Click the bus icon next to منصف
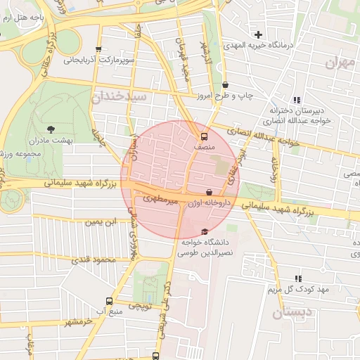(x=204, y=136)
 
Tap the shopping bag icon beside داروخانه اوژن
(x=209, y=192)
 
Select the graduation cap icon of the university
(x=205, y=232)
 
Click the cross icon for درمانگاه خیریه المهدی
(x=259, y=34)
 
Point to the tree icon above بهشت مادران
(x=51, y=129)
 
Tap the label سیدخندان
(x=119, y=96)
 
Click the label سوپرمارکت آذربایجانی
(x=99, y=60)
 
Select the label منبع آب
(x=108, y=310)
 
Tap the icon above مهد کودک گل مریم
(x=298, y=278)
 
